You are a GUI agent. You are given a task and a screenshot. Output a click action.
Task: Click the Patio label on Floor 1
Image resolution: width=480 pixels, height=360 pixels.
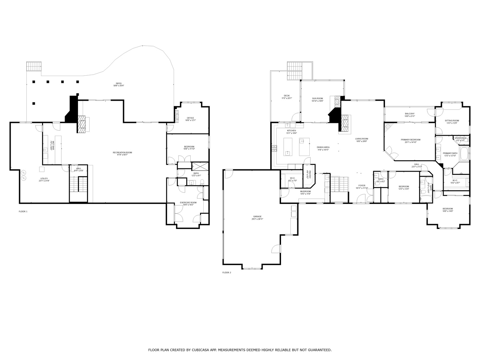point(119,84)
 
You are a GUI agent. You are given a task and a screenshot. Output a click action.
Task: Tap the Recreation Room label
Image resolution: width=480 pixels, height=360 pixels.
point(122,153)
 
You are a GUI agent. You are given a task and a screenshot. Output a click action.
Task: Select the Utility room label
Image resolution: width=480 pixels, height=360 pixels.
point(44,179)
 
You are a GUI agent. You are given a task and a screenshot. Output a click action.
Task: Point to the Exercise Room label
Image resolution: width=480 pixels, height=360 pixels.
point(188,203)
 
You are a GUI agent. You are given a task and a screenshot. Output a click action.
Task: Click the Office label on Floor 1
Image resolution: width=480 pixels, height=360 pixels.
point(190,118)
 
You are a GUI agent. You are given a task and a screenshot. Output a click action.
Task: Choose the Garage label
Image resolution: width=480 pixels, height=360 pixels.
point(257,217)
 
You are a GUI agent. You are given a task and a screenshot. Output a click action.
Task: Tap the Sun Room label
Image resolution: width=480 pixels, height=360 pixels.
point(317,99)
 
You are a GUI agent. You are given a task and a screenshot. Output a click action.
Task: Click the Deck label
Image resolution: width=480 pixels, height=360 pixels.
point(287,96)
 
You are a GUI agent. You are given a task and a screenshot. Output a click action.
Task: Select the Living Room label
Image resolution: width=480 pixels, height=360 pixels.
point(361,139)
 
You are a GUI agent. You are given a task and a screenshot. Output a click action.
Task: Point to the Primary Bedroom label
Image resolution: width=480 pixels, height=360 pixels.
point(410,140)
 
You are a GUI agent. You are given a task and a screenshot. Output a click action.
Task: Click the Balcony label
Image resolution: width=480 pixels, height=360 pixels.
point(410,114)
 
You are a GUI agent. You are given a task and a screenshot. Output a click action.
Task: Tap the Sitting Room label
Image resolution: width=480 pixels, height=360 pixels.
point(452,121)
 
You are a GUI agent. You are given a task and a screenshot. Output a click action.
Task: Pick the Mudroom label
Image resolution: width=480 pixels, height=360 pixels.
point(305,192)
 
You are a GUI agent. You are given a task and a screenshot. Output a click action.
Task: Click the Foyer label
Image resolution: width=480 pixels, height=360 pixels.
point(362,186)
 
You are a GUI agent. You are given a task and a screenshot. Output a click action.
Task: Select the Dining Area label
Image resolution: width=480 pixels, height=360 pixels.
point(323,147)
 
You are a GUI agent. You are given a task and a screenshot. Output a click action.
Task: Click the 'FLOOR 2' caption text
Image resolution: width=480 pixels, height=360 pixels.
point(227,273)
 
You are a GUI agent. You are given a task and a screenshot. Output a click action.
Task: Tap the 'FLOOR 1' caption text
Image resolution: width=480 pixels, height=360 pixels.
point(23,212)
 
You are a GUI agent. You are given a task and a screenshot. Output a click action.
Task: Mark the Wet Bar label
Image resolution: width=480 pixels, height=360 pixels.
point(52,146)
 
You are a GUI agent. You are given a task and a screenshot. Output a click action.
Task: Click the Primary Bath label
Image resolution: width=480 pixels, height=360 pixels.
point(450,153)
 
